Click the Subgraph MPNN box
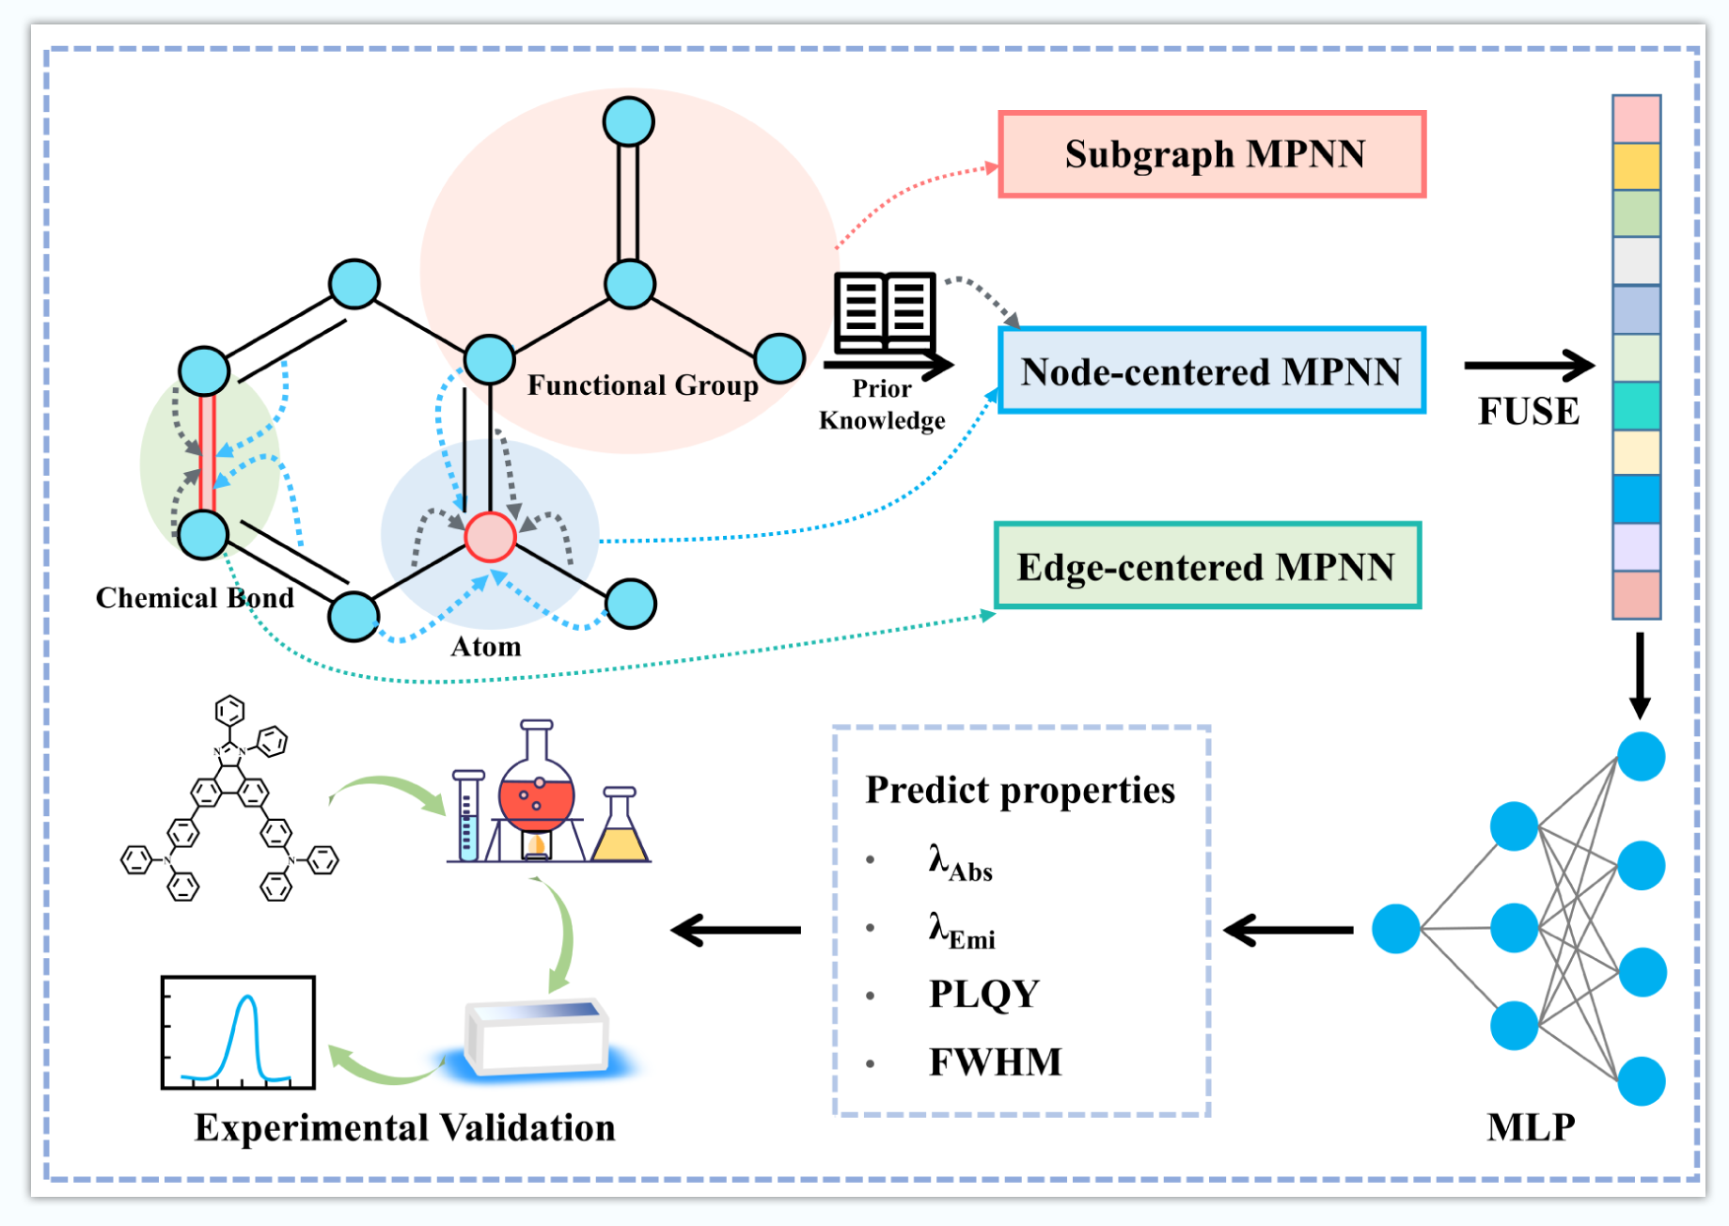(x=1212, y=154)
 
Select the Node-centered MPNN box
(x=1212, y=370)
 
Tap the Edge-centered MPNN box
(x=1207, y=566)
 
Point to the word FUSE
(x=1529, y=411)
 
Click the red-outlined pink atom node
(x=490, y=537)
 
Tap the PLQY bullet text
(x=983, y=994)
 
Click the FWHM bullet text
(x=995, y=1062)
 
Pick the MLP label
(x=1531, y=1126)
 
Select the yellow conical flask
(x=621, y=831)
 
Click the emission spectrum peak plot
(x=238, y=1032)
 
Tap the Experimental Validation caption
(x=404, y=1127)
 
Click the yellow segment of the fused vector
(x=1636, y=166)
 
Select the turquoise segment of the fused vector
(x=1636, y=405)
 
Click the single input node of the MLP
(x=1395, y=929)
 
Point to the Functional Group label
(x=642, y=385)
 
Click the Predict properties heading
(x=1020, y=790)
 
